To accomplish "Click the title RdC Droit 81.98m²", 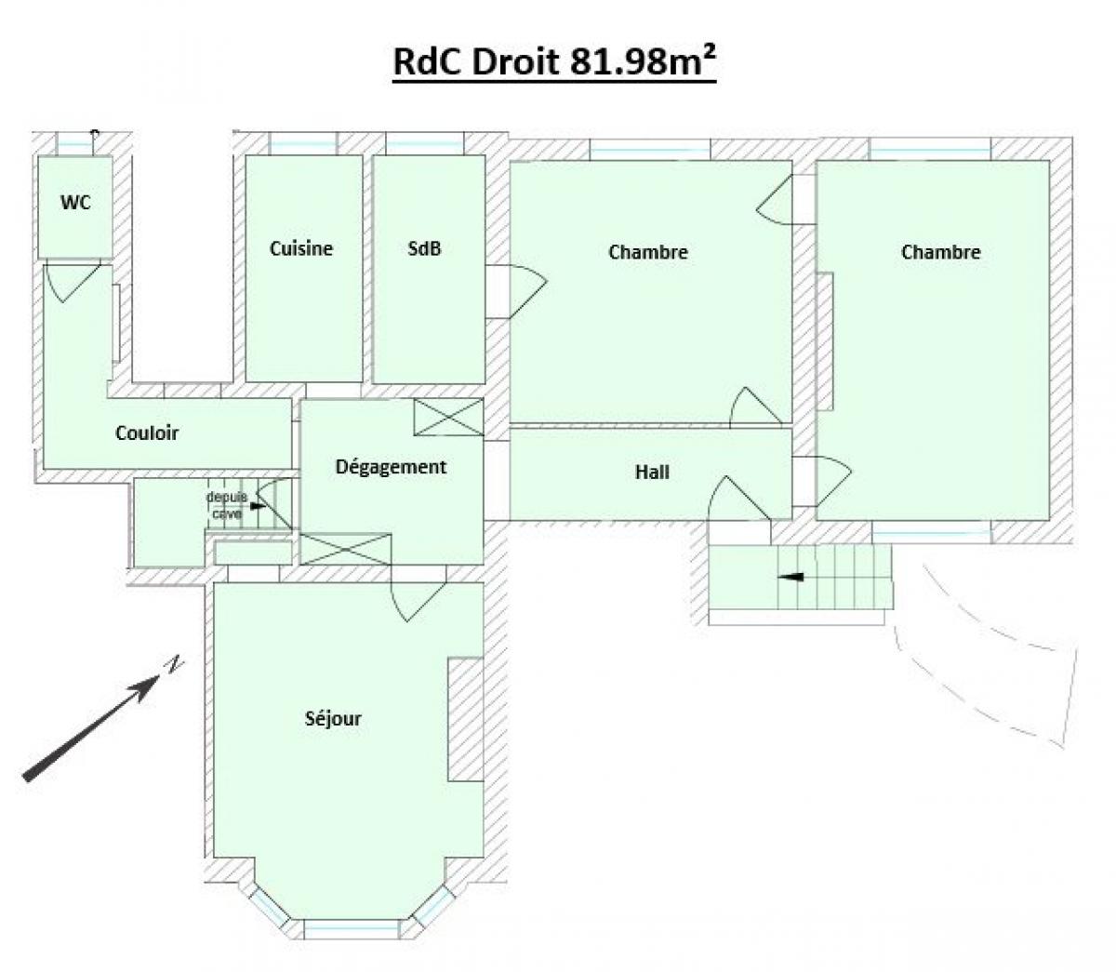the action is tap(554, 61).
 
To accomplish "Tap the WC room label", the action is tap(75, 203).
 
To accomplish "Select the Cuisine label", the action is tap(301, 248).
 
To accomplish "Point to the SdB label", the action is tap(424, 248).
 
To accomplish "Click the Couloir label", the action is tap(147, 433).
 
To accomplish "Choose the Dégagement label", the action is tap(391, 468).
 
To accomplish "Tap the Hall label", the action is tap(652, 472).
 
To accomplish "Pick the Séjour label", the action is tap(333, 718).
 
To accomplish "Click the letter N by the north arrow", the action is tap(174, 664).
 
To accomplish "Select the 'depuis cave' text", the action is tap(227, 505).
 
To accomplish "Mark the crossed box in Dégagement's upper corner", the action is tap(448, 418).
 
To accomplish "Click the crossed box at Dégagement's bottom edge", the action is tap(346, 550).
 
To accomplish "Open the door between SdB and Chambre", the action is tap(528, 291).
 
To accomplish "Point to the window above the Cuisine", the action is tap(303, 145).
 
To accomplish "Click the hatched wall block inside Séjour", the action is tap(466, 719).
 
